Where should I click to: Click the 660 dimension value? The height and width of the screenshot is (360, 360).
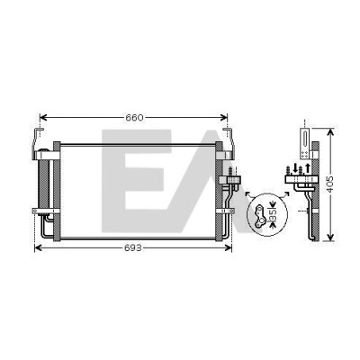click(134, 118)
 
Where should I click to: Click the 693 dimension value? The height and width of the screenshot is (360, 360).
click(132, 248)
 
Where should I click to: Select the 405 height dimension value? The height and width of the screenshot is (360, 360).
click(329, 184)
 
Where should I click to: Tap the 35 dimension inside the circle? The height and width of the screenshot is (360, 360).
click(273, 214)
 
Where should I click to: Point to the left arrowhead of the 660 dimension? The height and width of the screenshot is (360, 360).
click(43, 118)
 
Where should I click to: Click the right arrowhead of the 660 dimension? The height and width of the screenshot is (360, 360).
click(224, 118)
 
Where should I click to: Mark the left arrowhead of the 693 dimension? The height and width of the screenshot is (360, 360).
click(39, 247)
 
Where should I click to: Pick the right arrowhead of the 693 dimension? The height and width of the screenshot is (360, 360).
click(229, 247)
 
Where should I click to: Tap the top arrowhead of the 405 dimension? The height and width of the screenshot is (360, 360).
click(330, 132)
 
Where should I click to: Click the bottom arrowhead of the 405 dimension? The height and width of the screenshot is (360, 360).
click(330, 238)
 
